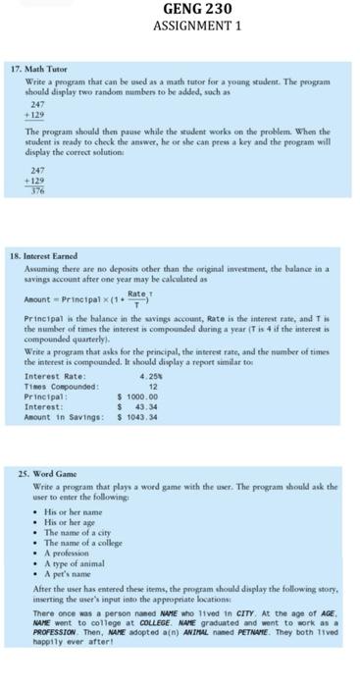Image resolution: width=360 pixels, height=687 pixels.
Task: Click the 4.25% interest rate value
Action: [151, 376]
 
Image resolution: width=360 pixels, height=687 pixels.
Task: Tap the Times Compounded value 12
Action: [153, 386]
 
